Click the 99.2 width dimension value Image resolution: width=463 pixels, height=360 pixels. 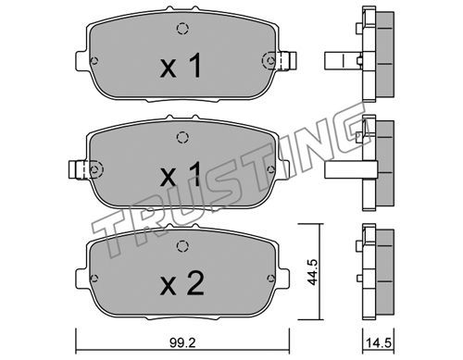click(x=182, y=343)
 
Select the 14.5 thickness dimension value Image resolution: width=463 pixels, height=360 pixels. click(x=379, y=343)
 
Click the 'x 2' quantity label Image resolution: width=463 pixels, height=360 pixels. click(x=182, y=283)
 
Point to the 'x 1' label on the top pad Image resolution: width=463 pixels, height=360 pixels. click(x=181, y=66)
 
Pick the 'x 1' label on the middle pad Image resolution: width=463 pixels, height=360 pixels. click(x=181, y=175)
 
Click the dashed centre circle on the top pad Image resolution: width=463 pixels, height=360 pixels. click(x=182, y=29)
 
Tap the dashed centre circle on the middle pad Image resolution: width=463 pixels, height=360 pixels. click(x=182, y=137)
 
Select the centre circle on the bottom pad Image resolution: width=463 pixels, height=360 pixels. click(x=182, y=246)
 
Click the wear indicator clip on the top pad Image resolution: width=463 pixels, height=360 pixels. click(x=287, y=61)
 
